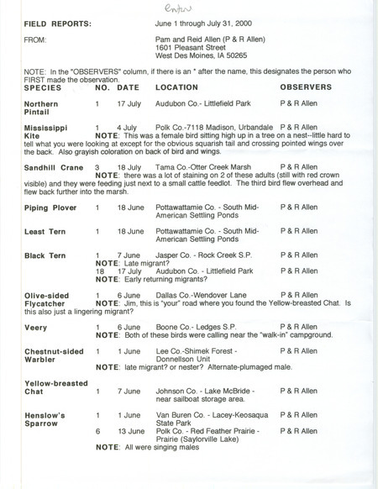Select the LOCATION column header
pos(176,87)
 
